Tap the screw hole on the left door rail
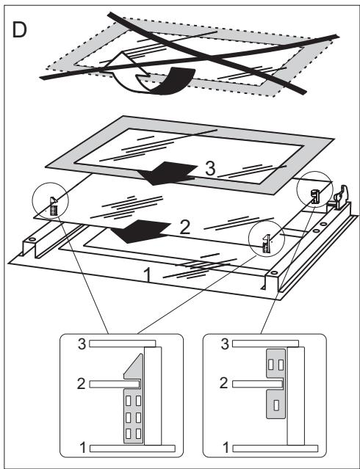(32, 243)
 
